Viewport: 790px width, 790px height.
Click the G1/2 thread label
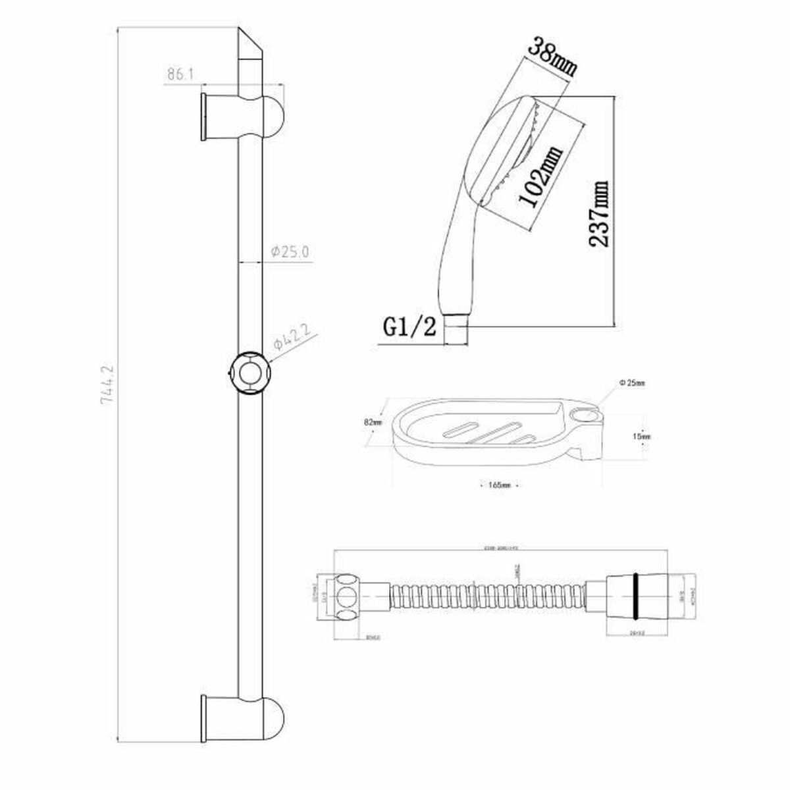point(409,327)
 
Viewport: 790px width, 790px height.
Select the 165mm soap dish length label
point(500,486)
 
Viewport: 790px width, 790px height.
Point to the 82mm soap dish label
point(372,422)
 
